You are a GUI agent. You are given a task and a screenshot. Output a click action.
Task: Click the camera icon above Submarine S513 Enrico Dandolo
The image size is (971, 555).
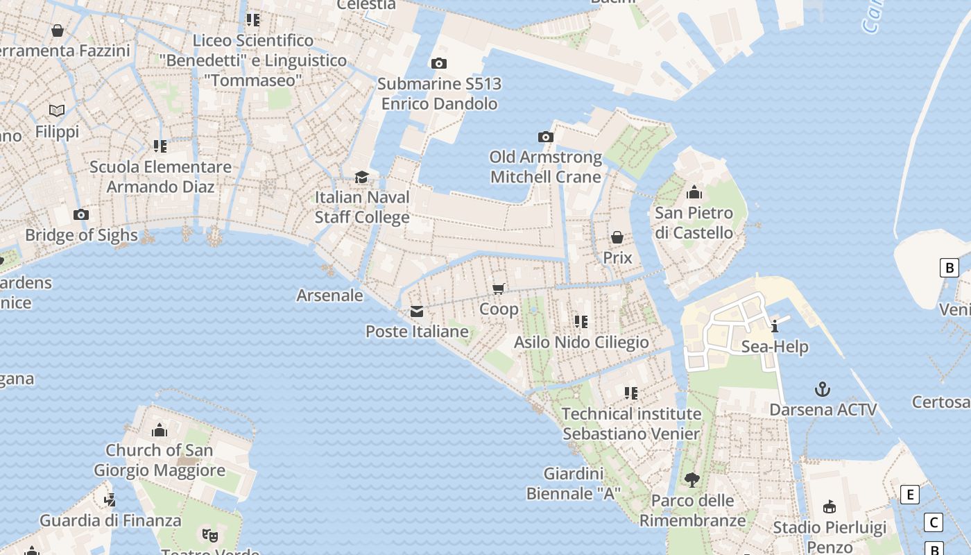439,64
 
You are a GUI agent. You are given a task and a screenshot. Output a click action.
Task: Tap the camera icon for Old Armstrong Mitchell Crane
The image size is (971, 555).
546,137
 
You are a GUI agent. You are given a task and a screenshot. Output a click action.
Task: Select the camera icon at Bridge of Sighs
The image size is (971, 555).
81,214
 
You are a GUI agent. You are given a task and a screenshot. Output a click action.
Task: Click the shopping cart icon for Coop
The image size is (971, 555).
499,289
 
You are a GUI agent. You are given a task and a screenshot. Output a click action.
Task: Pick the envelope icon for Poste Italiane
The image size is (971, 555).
417,311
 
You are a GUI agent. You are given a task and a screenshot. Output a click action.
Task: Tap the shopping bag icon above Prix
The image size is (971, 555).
617,238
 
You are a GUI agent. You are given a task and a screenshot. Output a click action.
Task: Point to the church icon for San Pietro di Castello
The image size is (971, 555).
694,192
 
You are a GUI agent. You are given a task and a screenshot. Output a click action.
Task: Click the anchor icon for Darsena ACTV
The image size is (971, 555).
823,388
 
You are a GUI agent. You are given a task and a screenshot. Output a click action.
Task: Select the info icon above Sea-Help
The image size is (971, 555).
775,326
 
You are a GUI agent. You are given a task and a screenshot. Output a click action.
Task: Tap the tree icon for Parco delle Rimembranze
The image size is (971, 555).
692,479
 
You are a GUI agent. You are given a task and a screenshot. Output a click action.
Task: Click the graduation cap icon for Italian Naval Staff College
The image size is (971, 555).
361,178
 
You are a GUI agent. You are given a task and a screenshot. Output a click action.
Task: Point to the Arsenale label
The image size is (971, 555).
329,296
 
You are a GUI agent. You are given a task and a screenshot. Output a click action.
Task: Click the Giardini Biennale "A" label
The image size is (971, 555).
573,484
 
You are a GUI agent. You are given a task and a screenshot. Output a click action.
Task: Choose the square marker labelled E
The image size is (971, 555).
909,495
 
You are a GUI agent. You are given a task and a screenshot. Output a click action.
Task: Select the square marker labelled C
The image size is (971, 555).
934,522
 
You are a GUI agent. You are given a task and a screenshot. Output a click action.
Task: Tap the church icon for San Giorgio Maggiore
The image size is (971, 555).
160,430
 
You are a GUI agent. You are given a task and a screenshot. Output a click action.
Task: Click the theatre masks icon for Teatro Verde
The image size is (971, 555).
209,535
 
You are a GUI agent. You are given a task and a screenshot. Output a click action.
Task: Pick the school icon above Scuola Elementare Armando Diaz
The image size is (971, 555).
160,146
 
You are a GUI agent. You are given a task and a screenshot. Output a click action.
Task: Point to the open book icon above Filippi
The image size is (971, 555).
57,111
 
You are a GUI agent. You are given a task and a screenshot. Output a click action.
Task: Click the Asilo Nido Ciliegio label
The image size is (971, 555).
581,342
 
